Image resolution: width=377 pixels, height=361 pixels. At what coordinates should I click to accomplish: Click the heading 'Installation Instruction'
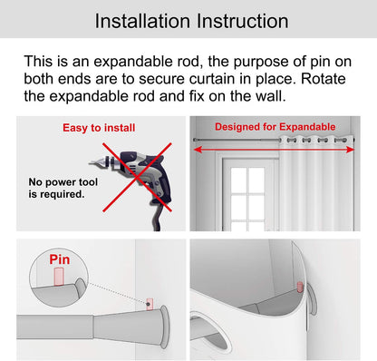[188, 19]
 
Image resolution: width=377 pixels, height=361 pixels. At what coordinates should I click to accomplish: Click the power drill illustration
[135, 177]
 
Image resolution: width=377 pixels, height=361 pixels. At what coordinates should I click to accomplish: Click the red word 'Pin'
[60, 259]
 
